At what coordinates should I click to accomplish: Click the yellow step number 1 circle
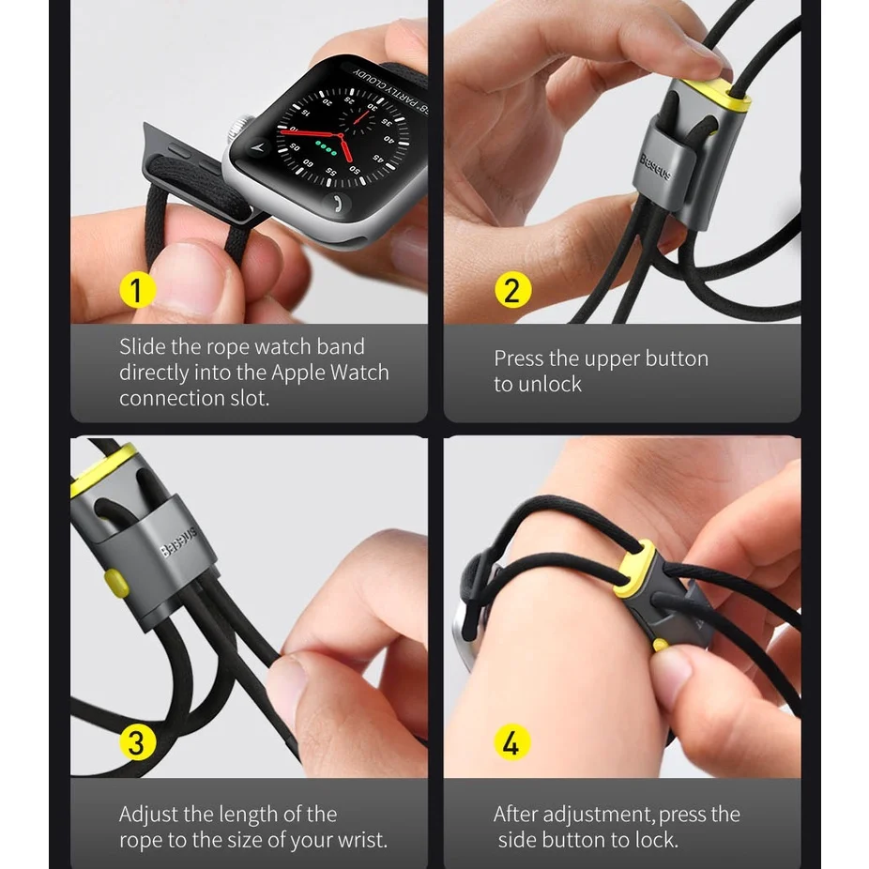pos(137,290)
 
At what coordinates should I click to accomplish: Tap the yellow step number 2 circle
pos(512,290)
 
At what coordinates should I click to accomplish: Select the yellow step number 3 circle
pos(137,743)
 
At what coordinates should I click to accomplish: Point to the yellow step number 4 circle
pos(512,743)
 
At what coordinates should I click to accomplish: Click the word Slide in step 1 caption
pos(142,346)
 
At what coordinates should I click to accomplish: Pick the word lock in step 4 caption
pos(655,840)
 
